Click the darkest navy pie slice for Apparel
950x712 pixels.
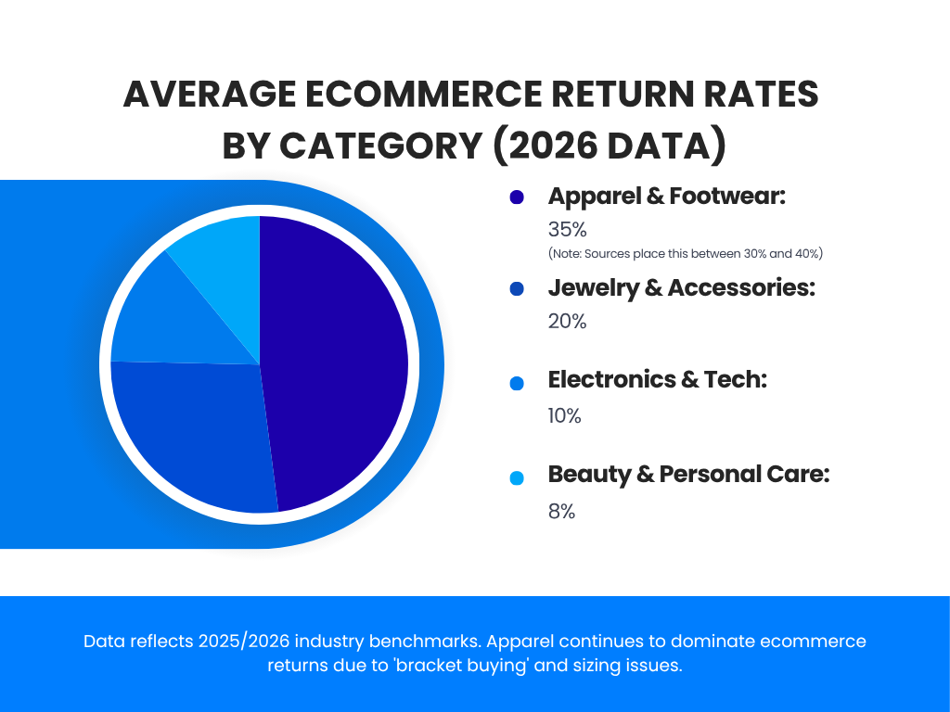339,362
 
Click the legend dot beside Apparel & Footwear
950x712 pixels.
517,197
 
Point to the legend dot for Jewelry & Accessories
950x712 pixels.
517,289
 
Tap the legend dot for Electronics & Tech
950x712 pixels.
517,383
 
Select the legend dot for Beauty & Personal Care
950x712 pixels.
517,477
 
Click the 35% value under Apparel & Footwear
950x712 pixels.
568,229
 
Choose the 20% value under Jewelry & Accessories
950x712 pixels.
568,322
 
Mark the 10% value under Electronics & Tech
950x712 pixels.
565,416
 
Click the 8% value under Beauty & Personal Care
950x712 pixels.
562,511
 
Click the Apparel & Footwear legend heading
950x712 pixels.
667,197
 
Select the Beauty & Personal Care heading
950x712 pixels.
688,475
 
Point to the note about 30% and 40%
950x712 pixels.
686,253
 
